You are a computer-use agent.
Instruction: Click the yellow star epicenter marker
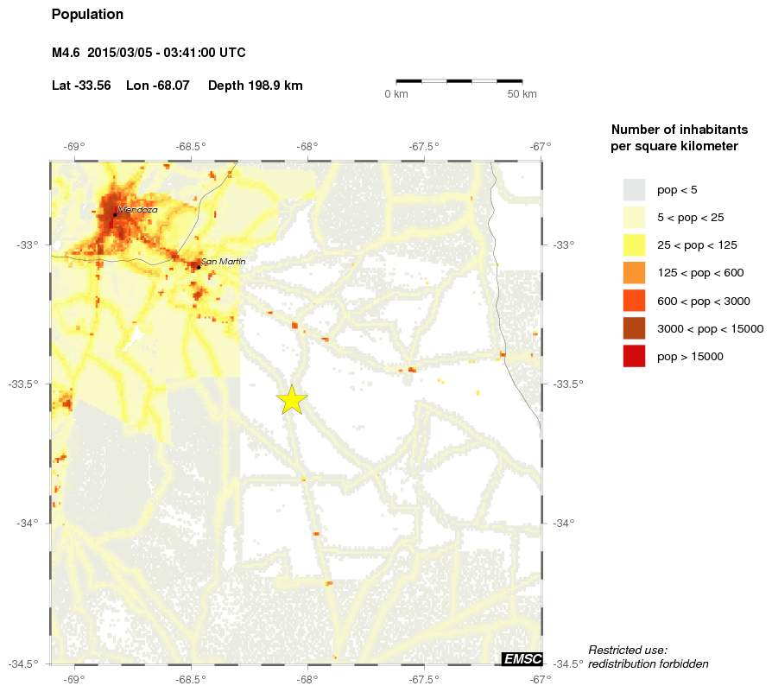(293, 400)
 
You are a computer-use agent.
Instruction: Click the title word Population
(87, 15)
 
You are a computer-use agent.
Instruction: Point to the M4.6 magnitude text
(66, 53)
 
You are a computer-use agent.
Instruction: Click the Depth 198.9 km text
(255, 86)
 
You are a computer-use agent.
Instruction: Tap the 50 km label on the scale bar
(522, 93)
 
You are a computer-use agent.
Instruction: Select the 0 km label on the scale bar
(395, 93)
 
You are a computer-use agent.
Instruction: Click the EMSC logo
(522, 659)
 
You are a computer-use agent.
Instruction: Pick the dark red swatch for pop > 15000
(634, 356)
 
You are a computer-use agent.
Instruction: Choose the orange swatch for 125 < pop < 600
(634, 273)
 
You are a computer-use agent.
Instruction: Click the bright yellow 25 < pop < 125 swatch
(634, 245)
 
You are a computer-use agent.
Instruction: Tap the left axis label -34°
(28, 523)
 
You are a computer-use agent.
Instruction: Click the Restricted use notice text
(628, 650)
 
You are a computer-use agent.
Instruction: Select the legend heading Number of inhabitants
(679, 130)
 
